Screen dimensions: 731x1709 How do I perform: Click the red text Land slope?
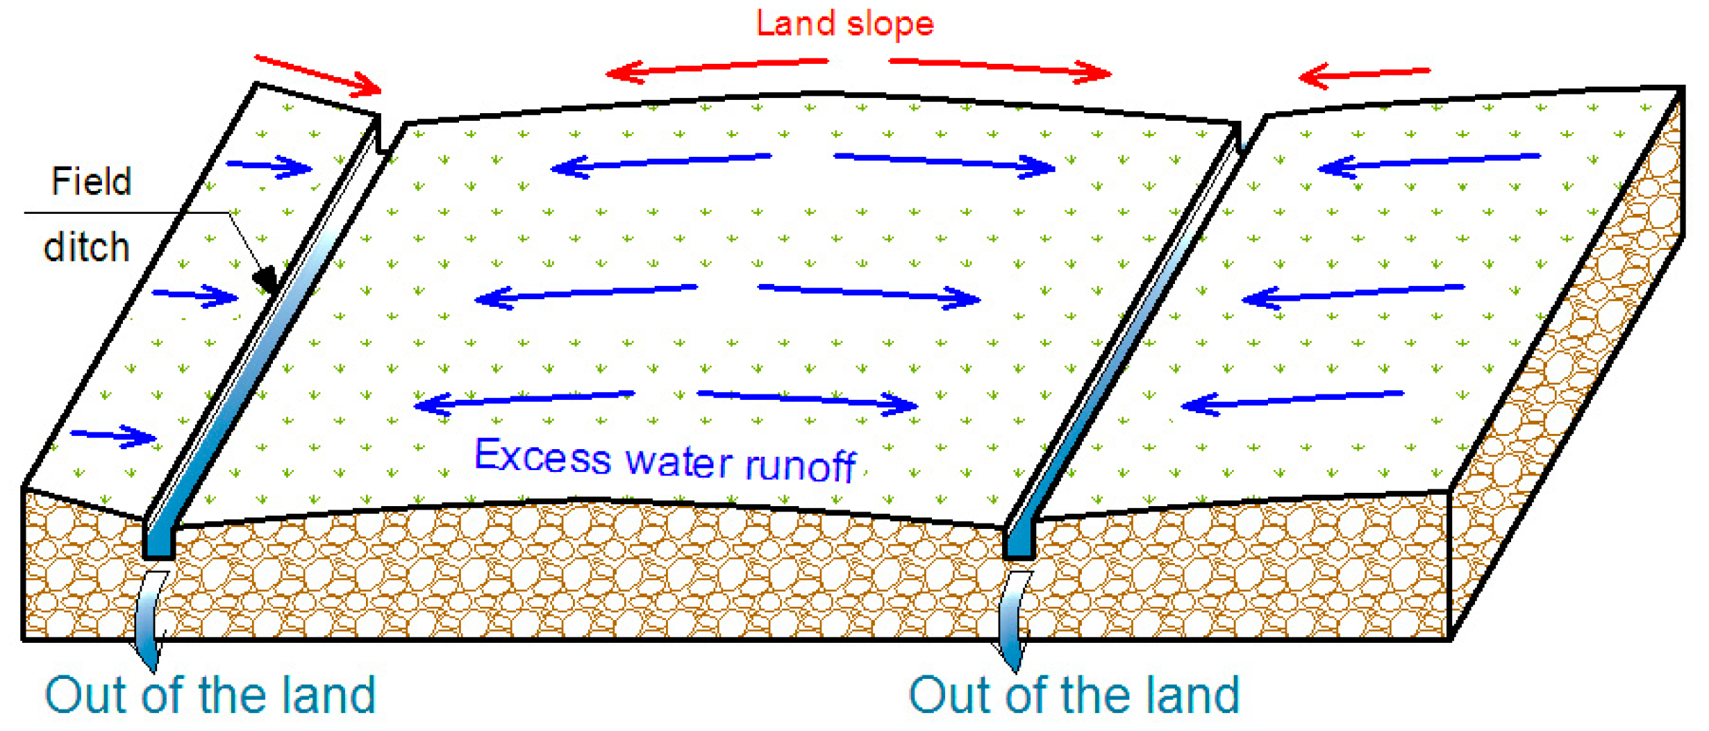click(844, 24)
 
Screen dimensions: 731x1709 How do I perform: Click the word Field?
click(91, 182)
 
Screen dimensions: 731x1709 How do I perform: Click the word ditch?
click(87, 247)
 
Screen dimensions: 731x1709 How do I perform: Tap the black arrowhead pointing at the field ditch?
click(266, 280)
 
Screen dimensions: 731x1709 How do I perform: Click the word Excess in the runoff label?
click(542, 457)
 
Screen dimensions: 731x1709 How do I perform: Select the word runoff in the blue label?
click(800, 465)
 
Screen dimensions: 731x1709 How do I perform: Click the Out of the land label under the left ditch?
click(210, 695)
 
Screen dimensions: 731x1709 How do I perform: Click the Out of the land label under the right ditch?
click(1074, 695)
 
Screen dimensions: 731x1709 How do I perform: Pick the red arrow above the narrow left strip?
click(318, 74)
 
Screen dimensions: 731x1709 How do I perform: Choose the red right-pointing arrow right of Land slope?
click(1000, 67)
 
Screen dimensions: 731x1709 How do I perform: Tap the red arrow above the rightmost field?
click(1364, 74)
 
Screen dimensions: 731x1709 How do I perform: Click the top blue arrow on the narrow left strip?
click(269, 167)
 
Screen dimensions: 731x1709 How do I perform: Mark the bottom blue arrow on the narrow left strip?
click(114, 436)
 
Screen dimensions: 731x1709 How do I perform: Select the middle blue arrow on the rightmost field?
click(1353, 294)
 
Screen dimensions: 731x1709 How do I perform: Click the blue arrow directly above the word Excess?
click(524, 401)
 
